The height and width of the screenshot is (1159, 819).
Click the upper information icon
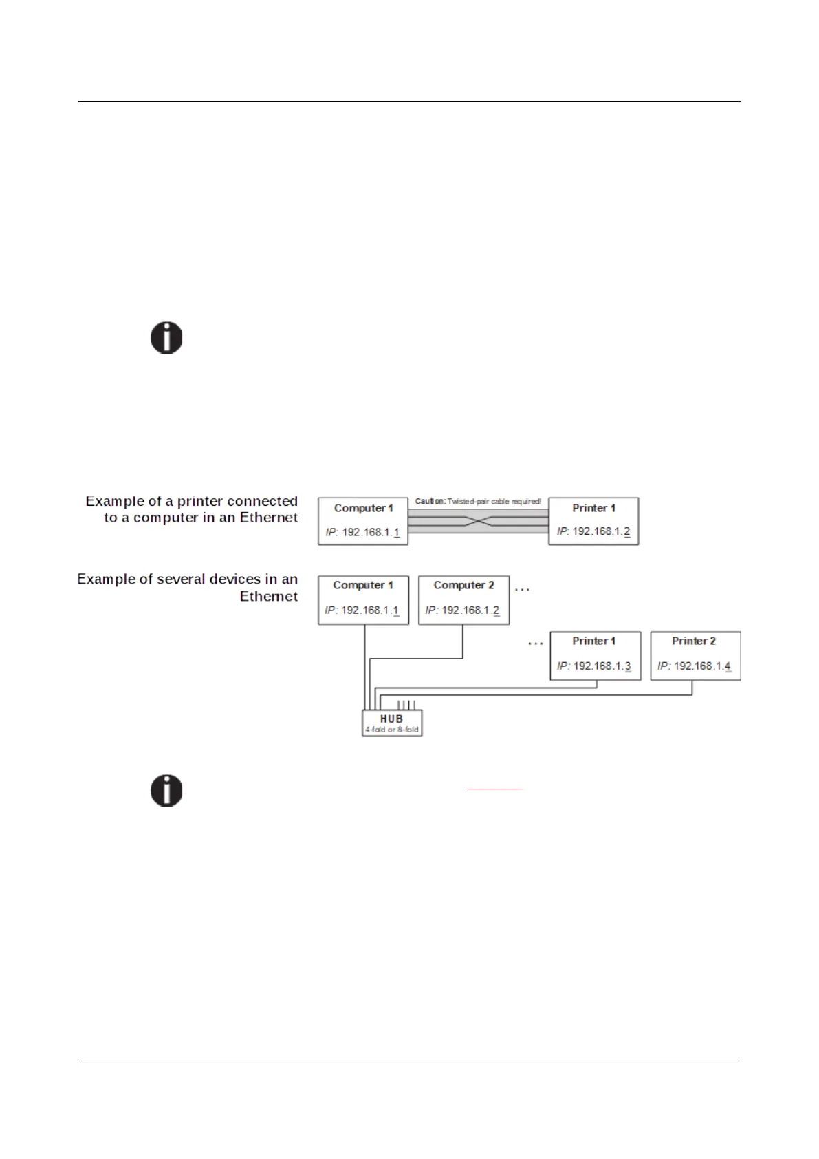166,338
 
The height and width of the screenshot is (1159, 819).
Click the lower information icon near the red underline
166,790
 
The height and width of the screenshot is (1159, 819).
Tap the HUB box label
391,719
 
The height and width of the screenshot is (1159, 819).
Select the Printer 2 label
693,641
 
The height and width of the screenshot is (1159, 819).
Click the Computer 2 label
463,585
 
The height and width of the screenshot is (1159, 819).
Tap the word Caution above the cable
430,501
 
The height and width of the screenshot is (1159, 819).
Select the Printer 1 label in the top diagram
593,508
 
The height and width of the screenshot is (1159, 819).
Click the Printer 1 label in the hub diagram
593,641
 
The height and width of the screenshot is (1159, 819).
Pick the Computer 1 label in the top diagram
363,508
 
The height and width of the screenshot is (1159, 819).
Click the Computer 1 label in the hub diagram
363,585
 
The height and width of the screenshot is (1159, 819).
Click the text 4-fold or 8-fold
391,730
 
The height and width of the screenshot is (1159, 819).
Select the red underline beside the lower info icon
494,788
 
